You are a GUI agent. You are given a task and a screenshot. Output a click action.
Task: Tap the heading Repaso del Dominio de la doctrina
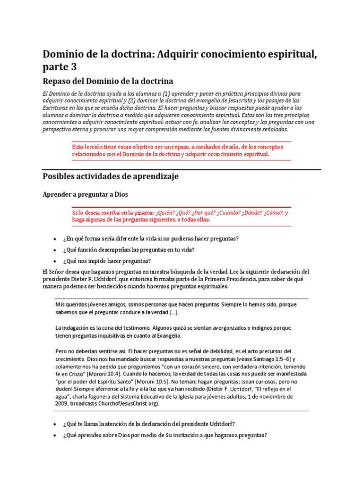coord(108,81)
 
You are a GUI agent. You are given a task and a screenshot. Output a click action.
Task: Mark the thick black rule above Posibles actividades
coord(181,169)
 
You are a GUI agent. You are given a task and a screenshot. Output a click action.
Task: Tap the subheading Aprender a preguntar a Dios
coord(85,194)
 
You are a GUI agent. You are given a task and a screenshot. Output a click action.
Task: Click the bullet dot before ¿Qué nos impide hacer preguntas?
coord(55,261)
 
